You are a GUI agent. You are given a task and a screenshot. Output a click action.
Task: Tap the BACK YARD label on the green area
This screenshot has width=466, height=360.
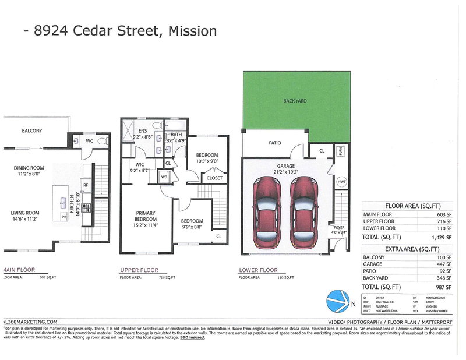pyautogui.click(x=295, y=101)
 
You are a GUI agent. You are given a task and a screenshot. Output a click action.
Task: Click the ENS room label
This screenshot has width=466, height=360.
pyautogui.click(x=143, y=131)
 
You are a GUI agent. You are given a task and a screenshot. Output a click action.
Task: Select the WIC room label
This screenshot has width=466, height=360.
pyautogui.click(x=140, y=165)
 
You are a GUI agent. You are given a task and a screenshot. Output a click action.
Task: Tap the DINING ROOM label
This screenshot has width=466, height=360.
pyautogui.click(x=29, y=169)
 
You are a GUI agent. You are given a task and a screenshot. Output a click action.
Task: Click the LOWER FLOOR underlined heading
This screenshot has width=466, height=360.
pyautogui.click(x=258, y=271)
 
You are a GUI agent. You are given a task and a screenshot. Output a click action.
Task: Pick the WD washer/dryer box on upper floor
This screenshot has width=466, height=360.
pyautogui.click(x=164, y=177)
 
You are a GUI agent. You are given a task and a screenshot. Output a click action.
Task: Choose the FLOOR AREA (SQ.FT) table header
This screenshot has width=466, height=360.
pyautogui.click(x=411, y=206)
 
